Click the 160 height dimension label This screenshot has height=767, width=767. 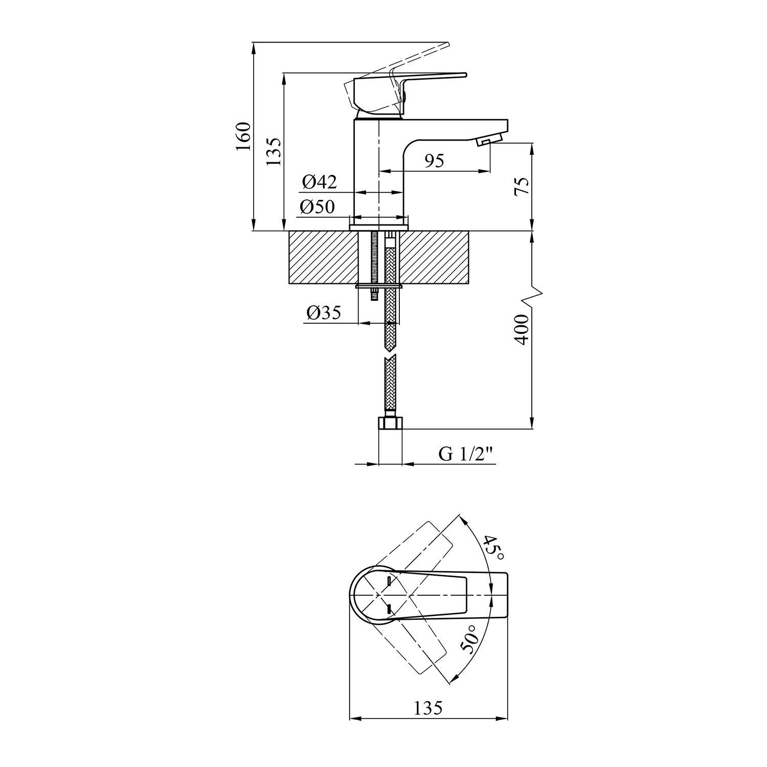(x=244, y=136)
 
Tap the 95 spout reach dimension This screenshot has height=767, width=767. (x=434, y=161)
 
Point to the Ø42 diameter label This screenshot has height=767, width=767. (x=319, y=182)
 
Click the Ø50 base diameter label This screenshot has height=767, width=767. (x=318, y=207)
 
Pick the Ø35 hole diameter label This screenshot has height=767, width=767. (x=324, y=312)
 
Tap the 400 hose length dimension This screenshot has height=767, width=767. (x=522, y=330)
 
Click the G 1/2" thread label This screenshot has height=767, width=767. (x=467, y=454)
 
